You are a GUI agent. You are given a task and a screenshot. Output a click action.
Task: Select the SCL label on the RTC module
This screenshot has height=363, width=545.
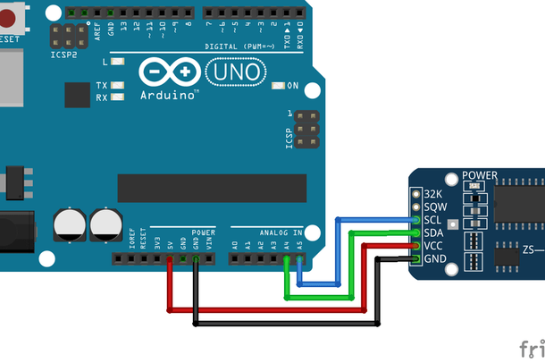click(x=434, y=220)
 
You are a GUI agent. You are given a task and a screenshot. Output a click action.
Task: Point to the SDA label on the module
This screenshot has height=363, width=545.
click(x=434, y=232)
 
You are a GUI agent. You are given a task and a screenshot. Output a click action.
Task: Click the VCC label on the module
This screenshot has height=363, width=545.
click(x=434, y=246)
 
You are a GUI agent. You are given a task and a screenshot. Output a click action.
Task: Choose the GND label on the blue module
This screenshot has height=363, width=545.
click(x=434, y=259)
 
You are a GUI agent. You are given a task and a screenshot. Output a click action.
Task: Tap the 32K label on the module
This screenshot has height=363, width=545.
click(x=434, y=194)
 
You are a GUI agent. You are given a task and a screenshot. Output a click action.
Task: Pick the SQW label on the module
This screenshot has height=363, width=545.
click(x=434, y=207)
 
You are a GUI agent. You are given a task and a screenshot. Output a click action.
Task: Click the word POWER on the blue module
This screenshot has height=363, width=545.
click(x=480, y=175)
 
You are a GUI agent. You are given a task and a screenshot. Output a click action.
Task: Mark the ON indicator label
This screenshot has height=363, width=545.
click(x=292, y=86)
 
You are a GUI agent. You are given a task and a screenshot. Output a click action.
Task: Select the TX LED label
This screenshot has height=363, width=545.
click(x=102, y=86)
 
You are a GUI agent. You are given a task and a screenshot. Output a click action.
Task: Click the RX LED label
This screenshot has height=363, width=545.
click(x=102, y=97)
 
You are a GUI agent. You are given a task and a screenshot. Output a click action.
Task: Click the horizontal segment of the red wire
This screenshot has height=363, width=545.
click(x=268, y=309)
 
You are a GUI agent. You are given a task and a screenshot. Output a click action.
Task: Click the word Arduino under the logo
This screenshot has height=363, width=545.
click(x=170, y=95)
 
